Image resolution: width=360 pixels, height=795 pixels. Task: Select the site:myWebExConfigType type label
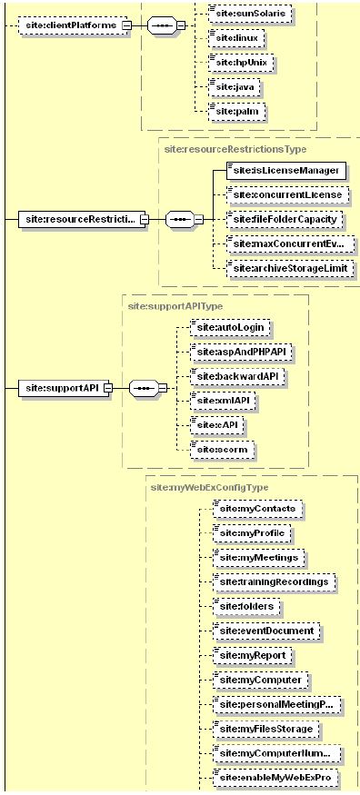(208, 488)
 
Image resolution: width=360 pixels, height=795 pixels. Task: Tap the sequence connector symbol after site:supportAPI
(144, 388)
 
